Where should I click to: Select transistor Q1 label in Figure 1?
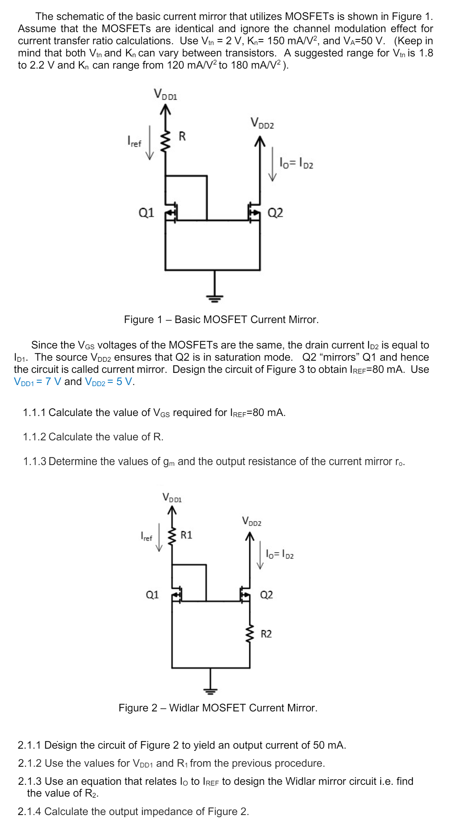point(146,212)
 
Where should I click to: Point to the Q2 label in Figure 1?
point(275,213)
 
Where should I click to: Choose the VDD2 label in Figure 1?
point(262,123)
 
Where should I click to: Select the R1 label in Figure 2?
point(187,535)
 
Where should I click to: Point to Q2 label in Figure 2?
point(267,594)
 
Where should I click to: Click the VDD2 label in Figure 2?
point(252,521)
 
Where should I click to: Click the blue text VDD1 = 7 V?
point(38,382)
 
